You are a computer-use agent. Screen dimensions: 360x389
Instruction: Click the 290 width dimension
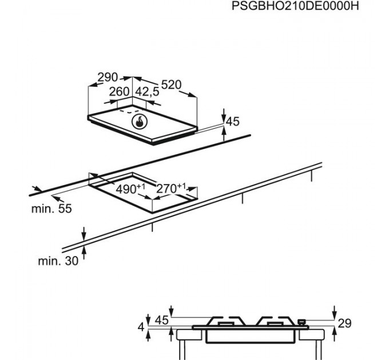tap(107, 77)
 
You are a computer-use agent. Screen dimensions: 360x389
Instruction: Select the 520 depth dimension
tap(170, 85)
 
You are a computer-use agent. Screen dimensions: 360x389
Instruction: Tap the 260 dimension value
tap(120, 91)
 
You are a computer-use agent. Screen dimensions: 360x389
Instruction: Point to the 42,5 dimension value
tap(147, 91)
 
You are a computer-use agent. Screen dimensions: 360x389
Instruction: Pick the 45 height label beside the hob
tap(232, 122)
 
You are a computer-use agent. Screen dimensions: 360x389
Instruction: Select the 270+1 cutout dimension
tap(172, 187)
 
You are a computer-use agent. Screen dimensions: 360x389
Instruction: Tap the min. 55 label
tap(51, 209)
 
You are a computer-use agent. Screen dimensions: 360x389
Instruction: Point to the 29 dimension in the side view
tap(344, 324)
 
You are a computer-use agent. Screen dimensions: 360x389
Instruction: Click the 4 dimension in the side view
tap(141, 328)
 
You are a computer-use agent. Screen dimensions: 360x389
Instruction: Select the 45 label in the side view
tap(162, 321)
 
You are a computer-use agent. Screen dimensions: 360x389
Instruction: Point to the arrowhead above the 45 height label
tap(224, 113)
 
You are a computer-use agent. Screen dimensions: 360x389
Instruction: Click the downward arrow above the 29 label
tap(335, 311)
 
